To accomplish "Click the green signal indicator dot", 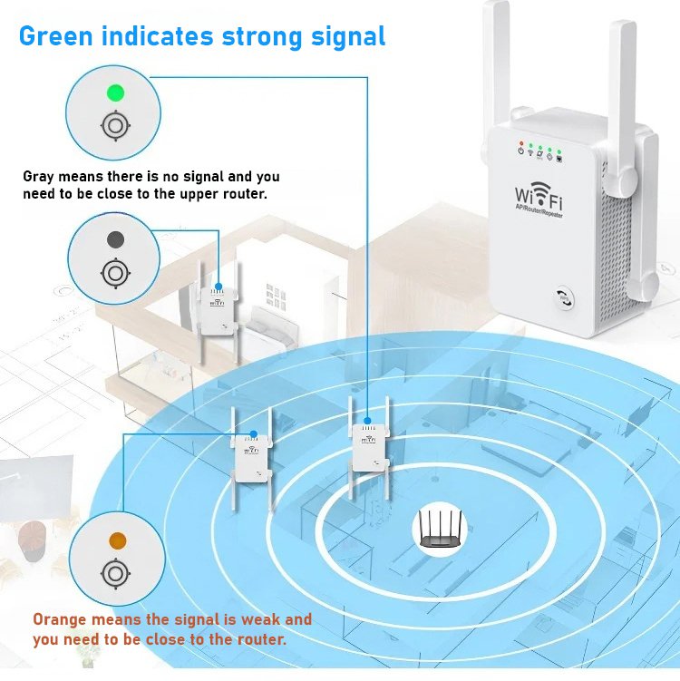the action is click(x=115, y=92).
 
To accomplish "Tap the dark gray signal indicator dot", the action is click(x=115, y=239).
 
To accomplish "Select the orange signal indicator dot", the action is click(x=117, y=540).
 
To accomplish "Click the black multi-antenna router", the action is click(x=440, y=529).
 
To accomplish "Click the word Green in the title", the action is click(x=56, y=36).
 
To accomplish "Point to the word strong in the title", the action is click(x=262, y=37).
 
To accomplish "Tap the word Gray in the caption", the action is click(x=39, y=177).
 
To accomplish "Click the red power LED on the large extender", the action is click(x=521, y=143).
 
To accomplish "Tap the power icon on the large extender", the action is click(x=520, y=151).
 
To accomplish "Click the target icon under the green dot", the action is click(x=115, y=126).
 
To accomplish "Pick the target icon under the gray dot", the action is click(x=115, y=273).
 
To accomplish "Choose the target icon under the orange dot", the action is click(x=115, y=574).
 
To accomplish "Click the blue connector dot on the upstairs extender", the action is click(x=219, y=287).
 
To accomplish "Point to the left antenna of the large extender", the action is click(x=496, y=78).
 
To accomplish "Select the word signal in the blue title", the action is click(x=348, y=37).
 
